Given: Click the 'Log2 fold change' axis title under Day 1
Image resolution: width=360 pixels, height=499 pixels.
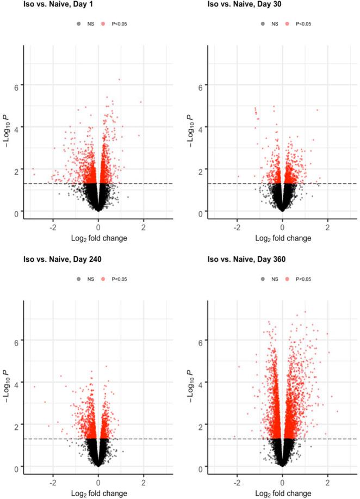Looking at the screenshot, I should click(x=98, y=238).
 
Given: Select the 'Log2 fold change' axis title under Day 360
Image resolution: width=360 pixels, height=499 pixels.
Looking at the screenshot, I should click(x=282, y=493).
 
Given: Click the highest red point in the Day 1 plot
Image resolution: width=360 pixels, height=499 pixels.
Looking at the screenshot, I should click(x=119, y=79).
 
